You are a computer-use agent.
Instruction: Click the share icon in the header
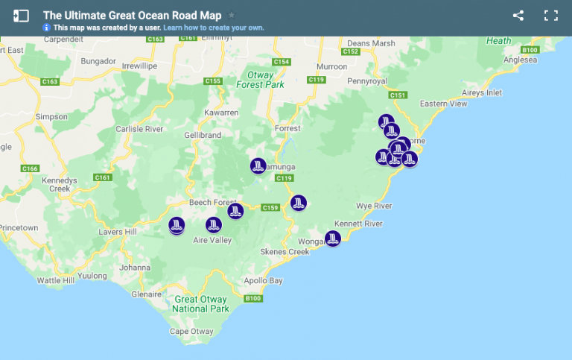(518, 16)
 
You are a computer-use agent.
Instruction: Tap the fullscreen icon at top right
(551, 16)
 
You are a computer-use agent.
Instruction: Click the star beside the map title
(232, 15)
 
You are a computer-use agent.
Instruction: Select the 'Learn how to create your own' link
(214, 28)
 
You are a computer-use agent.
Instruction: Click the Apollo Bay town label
(264, 281)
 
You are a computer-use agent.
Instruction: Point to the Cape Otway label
(191, 332)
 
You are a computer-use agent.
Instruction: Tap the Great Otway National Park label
(200, 304)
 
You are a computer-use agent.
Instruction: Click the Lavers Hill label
(118, 232)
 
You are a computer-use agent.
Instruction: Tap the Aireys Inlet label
(481, 92)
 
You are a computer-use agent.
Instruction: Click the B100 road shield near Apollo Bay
(253, 299)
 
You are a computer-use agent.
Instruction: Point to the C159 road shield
(270, 207)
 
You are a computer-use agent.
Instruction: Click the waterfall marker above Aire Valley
(214, 224)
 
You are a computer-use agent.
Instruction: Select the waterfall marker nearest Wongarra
(333, 239)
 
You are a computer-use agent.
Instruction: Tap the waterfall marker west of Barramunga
(258, 165)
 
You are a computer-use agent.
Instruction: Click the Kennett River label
(358, 224)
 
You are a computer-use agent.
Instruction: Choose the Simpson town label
(51, 116)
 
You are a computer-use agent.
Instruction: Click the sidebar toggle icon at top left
(21, 16)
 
